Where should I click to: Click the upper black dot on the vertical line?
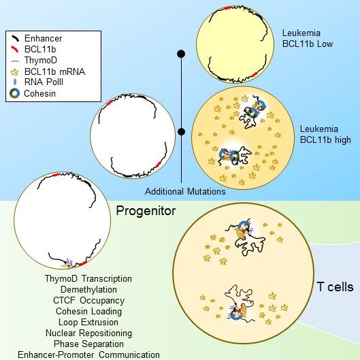pos(181,53)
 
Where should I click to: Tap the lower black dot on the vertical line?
pos(181,131)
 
